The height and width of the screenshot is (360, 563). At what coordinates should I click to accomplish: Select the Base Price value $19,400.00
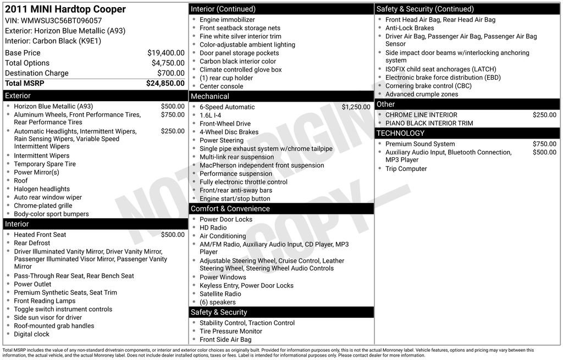click(x=165, y=53)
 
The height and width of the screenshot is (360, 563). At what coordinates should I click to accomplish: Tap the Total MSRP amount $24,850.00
click(x=165, y=84)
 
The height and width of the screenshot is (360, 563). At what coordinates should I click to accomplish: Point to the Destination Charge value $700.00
click(x=170, y=73)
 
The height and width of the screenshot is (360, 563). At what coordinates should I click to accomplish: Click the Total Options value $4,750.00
click(x=168, y=63)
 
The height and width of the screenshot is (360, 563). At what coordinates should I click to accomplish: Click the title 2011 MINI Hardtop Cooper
click(x=65, y=9)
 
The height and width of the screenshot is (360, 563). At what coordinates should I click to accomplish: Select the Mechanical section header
click(x=209, y=96)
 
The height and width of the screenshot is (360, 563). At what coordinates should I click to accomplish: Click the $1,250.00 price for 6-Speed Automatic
click(x=356, y=107)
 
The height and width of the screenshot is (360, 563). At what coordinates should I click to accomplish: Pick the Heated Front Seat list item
click(x=40, y=235)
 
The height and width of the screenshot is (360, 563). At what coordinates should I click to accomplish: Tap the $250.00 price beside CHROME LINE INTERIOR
click(x=544, y=115)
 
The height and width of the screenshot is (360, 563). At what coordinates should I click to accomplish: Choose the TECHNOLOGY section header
click(x=400, y=133)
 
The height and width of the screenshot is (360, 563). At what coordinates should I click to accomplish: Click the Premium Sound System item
click(x=420, y=144)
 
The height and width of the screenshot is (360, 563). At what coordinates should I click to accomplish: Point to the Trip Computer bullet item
click(x=406, y=169)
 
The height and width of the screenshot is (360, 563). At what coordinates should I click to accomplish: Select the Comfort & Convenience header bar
click(x=230, y=209)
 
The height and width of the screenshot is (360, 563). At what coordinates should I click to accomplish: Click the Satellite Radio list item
click(x=220, y=294)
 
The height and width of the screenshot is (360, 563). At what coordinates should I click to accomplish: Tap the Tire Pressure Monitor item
click(x=231, y=331)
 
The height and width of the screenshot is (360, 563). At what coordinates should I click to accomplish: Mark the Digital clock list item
click(x=32, y=334)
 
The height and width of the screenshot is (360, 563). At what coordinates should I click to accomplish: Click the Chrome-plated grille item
click(x=43, y=206)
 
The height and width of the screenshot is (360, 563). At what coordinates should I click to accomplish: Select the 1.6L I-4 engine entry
click(x=211, y=115)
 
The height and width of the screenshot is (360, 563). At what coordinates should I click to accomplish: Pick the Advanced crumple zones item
click(x=422, y=94)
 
